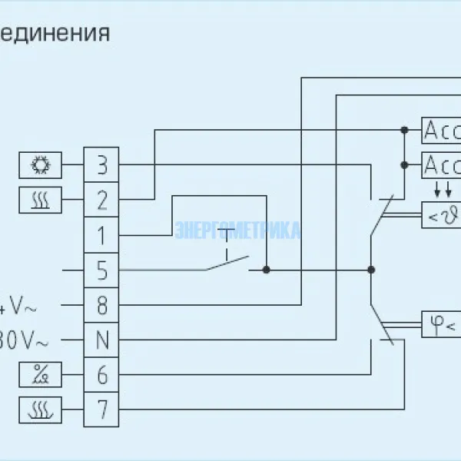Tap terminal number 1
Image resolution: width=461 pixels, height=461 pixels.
(x=102, y=234)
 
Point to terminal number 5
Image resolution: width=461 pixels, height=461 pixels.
(x=102, y=270)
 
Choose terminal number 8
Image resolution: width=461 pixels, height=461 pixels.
(x=102, y=305)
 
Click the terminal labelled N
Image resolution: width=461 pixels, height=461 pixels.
(x=102, y=340)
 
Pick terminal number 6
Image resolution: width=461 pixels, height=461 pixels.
(x=102, y=374)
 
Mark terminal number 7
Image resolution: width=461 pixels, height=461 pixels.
(x=102, y=409)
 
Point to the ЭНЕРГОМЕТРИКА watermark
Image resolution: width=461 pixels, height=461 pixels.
(x=238, y=230)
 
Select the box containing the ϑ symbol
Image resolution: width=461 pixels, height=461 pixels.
(x=441, y=216)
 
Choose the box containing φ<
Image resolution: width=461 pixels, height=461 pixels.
(x=441, y=326)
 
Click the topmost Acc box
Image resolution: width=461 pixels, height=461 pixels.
(x=441, y=131)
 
